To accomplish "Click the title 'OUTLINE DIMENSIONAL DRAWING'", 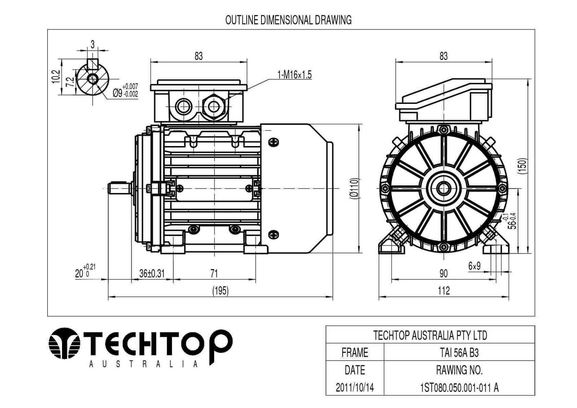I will pyautogui.click(x=288, y=20).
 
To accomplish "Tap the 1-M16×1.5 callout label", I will pyautogui.click(x=294, y=75).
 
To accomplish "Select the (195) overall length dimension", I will pyautogui.click(x=220, y=291).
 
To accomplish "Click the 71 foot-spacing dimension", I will pyautogui.click(x=214, y=273).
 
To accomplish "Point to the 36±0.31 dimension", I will pyautogui.click(x=152, y=273).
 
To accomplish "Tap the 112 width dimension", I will pyautogui.click(x=444, y=291).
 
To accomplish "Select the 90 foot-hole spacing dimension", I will pyautogui.click(x=444, y=273).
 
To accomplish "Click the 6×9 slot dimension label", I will pyautogui.click(x=475, y=266).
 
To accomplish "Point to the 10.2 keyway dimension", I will pyautogui.click(x=55, y=77).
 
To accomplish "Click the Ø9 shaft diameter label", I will pyautogui.click(x=125, y=91).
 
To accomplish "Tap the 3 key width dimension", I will pyautogui.click(x=93, y=44).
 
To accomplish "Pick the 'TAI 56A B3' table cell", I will pyautogui.click(x=459, y=352).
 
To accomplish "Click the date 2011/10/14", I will pyautogui.click(x=355, y=387).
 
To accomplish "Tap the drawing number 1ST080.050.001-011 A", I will pyautogui.click(x=459, y=387).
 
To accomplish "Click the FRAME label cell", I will pyautogui.click(x=355, y=352).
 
